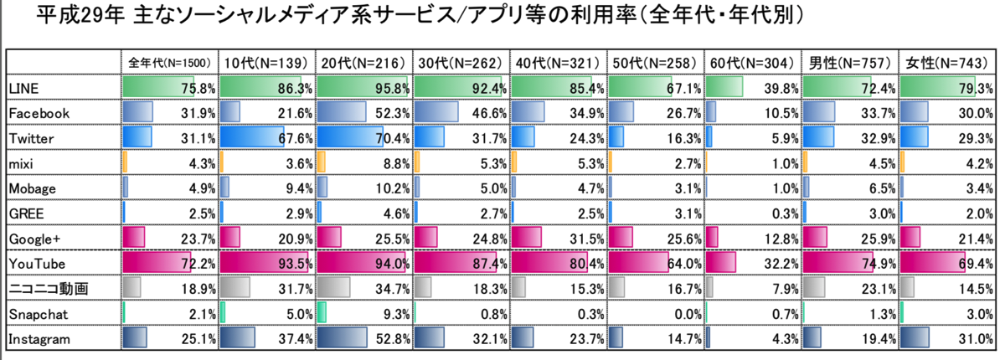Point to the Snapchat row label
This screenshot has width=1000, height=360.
pos(33,314)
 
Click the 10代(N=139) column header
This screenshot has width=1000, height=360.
pos(267,63)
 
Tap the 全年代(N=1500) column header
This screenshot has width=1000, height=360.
pos(171,63)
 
